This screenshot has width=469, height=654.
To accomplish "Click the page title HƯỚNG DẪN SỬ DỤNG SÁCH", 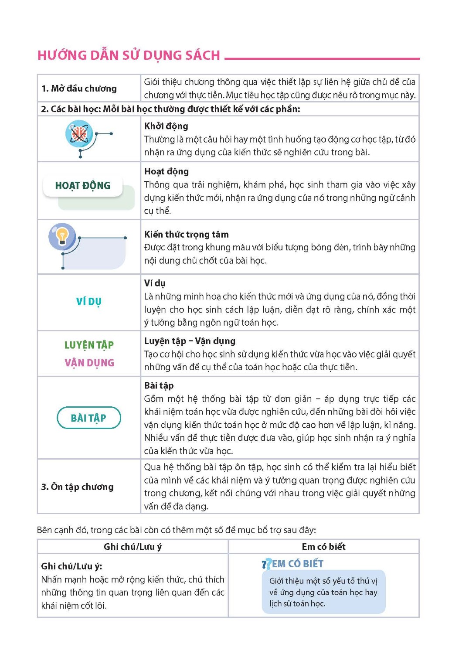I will (x=129, y=55).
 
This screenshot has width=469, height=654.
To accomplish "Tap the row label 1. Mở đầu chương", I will (x=79, y=89).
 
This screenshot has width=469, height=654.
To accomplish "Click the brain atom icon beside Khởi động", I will (x=79, y=134).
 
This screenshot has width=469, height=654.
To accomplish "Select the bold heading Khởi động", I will (x=166, y=126).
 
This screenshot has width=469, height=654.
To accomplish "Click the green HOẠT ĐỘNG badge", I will (x=83, y=186).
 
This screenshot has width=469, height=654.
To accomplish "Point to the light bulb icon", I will (x=62, y=236).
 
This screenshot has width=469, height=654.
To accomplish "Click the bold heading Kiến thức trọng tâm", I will (x=186, y=234).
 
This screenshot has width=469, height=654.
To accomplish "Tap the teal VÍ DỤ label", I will (x=88, y=301).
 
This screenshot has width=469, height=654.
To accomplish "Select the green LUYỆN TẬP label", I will (x=89, y=345).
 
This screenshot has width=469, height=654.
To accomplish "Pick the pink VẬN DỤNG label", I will (x=89, y=363).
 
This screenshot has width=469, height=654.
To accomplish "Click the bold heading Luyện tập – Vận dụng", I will (x=190, y=341).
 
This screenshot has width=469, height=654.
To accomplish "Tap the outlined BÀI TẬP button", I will (x=88, y=418).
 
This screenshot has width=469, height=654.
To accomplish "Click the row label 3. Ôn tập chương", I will (x=77, y=487).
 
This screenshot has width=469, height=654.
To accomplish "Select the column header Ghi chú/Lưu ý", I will (x=133, y=547).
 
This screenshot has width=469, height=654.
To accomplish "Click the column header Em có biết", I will (x=323, y=547).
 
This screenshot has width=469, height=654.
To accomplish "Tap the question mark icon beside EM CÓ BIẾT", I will (x=266, y=564).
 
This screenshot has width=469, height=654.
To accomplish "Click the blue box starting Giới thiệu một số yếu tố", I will (x=323, y=592).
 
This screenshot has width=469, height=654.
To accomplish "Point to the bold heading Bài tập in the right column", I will (x=159, y=385).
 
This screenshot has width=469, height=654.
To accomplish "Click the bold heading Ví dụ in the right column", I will (x=155, y=283).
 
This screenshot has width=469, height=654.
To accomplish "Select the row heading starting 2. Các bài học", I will (x=170, y=109).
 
